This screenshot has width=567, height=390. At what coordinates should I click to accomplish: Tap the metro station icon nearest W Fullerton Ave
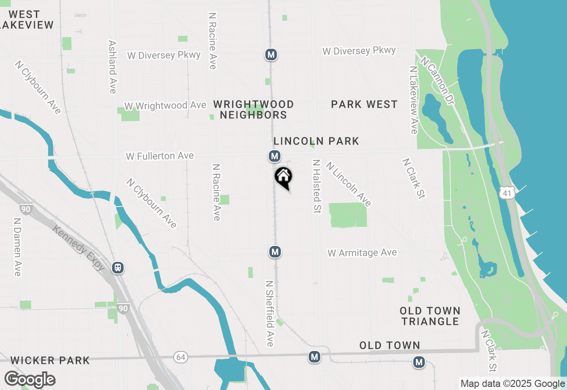pos(275,156)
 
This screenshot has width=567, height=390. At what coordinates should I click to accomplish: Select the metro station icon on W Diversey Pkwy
pos(271,55)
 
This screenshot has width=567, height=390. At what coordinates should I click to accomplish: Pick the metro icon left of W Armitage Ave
pos(275,252)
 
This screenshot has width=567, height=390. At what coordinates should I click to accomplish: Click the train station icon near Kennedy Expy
pos(118,268)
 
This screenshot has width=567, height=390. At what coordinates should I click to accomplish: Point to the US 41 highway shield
pos(507,192)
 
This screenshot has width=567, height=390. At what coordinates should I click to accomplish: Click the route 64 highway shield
pos(180,357)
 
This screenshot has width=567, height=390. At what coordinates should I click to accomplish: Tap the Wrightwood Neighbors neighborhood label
pos(253,109)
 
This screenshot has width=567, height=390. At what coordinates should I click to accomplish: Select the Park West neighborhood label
pos(365,104)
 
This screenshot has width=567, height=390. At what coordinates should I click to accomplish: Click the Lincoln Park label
pos(316,141)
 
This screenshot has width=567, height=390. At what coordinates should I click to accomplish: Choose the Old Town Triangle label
pos(430,316)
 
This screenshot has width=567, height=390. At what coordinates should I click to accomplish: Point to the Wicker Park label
pos(50,360)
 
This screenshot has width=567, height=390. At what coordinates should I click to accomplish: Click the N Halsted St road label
pos(316,187)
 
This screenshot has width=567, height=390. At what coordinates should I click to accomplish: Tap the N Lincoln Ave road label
pos(349,184)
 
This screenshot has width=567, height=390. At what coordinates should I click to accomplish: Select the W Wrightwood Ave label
pos(165,105)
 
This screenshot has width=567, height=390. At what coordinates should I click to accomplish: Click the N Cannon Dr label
pos(437,81)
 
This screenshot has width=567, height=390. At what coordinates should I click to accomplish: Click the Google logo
pos(30,380)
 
